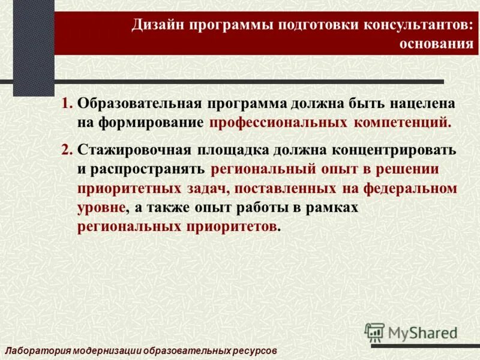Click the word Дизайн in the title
click(x=158, y=25)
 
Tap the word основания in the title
click(x=436, y=45)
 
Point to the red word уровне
click(x=101, y=208)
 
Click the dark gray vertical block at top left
click(x=34, y=39)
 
